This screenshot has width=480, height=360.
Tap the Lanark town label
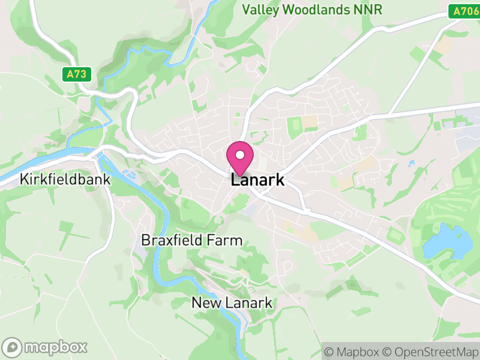pos(257,181)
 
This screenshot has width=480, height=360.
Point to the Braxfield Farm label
pos(191,241)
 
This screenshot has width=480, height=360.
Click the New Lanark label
pos(232,303)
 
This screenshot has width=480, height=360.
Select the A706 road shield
pos(463,10)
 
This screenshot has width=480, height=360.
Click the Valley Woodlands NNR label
pos(311,10)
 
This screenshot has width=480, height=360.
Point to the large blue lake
pos(447,241)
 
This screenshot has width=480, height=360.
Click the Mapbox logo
pos(46,347)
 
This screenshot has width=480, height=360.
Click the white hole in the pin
pos(240,154)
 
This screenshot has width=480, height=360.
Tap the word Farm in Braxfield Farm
pos(226,241)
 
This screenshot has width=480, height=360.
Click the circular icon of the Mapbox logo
pos(13,347)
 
